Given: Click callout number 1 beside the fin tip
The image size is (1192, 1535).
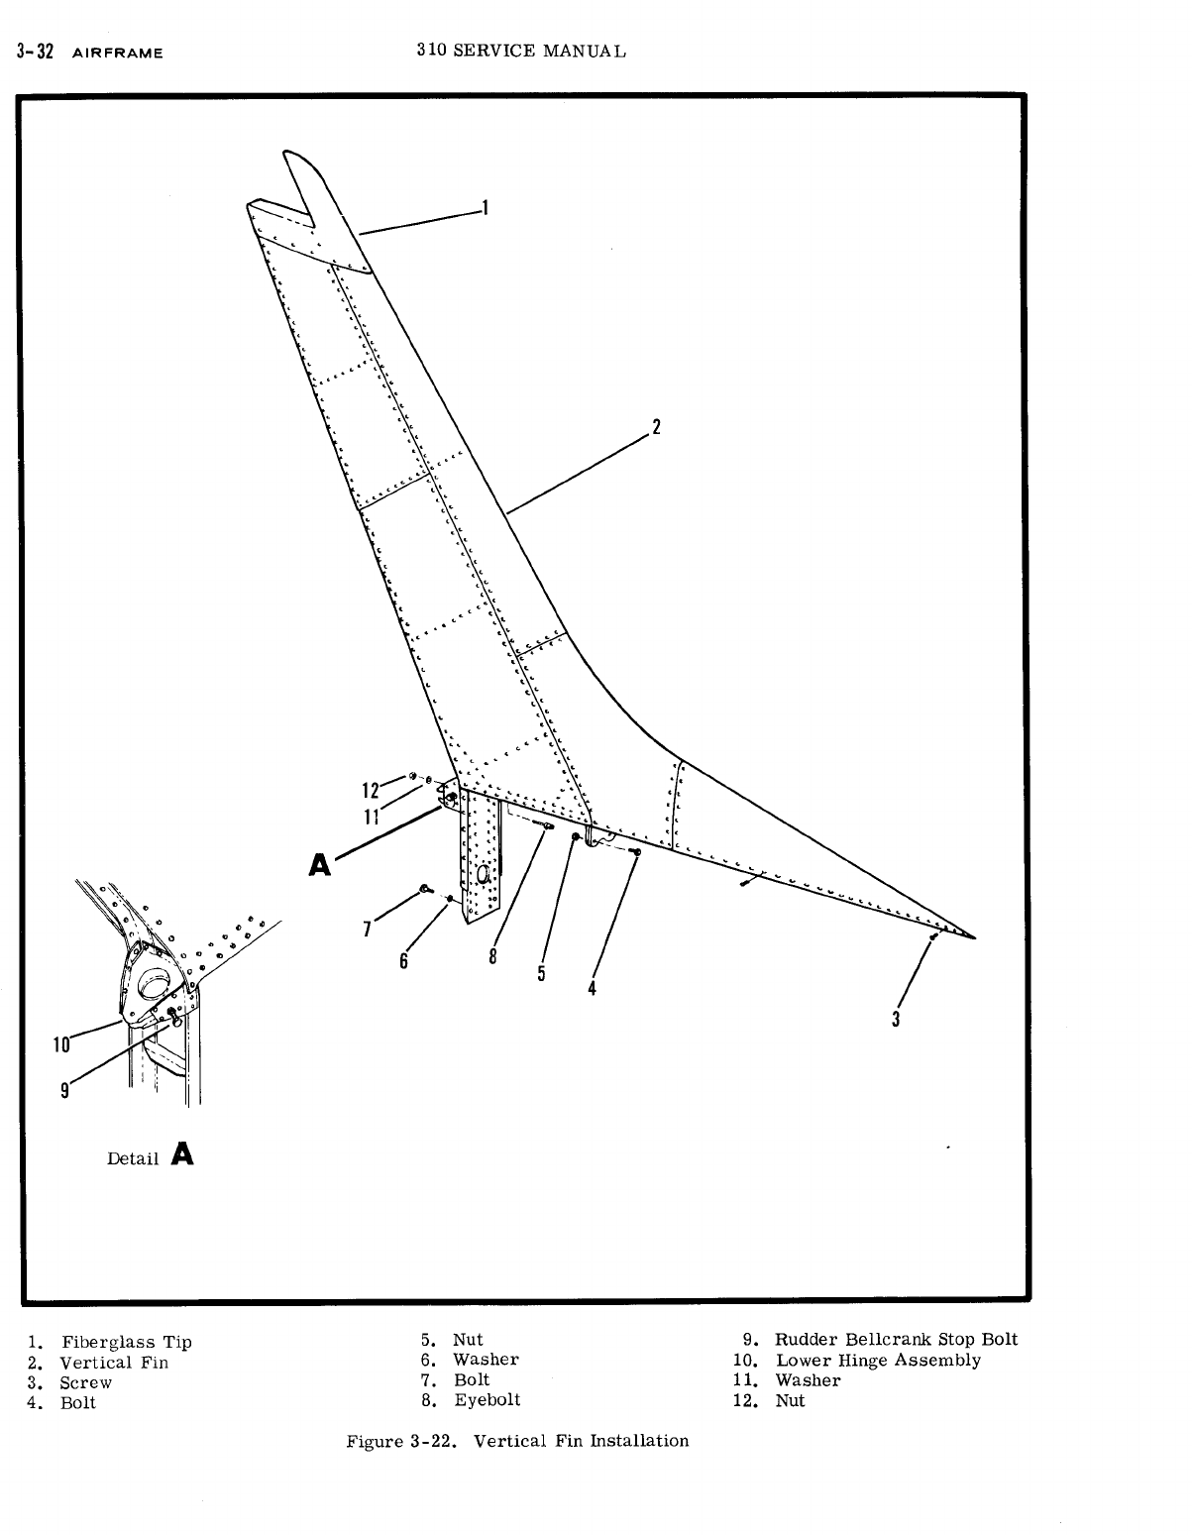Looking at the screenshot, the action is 485,207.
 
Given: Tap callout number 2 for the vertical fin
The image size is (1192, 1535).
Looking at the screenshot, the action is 655,428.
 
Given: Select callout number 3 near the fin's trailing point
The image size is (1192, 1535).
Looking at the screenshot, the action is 896,1019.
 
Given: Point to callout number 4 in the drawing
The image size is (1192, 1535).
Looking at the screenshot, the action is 592,988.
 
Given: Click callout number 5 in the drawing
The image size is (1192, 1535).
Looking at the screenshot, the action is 541,973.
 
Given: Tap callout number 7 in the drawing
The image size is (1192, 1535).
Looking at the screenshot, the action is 368,929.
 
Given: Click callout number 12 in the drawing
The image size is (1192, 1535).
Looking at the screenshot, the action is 371,790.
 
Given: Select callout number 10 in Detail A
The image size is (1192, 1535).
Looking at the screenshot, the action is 62,1043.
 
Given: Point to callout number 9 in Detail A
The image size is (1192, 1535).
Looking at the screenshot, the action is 64,1090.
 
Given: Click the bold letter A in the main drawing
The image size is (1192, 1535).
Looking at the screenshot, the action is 319,866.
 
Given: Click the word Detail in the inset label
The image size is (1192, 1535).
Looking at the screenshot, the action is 133,1158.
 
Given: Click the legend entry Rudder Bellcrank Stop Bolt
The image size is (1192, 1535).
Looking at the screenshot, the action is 896,1340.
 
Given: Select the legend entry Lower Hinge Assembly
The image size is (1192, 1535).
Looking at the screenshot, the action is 878,1361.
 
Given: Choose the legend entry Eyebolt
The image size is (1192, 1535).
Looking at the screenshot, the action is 487,1400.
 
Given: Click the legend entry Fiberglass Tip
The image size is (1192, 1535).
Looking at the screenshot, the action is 127,1343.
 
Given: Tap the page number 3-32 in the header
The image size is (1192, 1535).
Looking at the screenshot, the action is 35,52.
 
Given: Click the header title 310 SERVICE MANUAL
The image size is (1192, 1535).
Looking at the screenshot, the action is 521,51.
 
